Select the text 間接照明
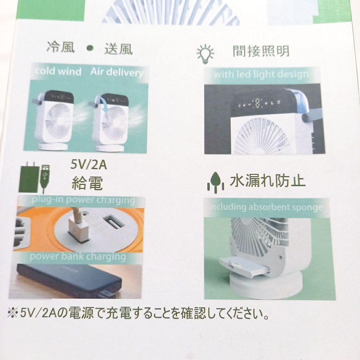pyautogui.click(x=261, y=51)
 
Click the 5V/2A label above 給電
pyautogui.click(x=89, y=165)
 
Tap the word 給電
pyautogui.click(x=87, y=183)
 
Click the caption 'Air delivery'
pyautogui.click(x=117, y=72)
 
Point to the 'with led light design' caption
pyautogui.click(x=261, y=74)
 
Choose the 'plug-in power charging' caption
pyautogui.click(x=83, y=200)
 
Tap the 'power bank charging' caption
pyautogui.click(x=78, y=257)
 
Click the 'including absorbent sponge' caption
pyautogui.click(x=266, y=207)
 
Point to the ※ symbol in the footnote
pyautogui.click(x=13, y=313)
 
